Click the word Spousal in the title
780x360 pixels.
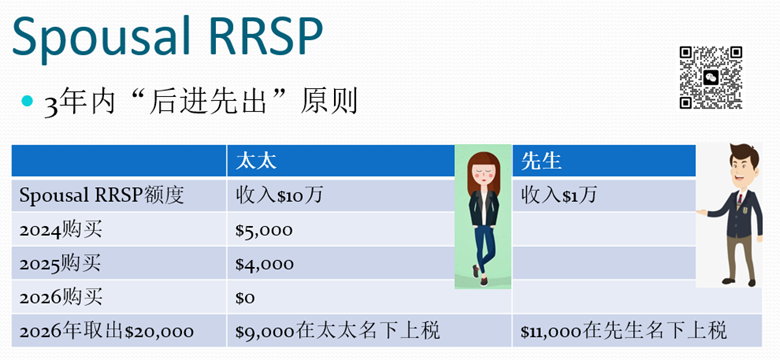(x=100, y=36)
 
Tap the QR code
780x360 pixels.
(x=711, y=77)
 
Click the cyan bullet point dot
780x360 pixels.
(x=27, y=102)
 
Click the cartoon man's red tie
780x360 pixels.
(x=740, y=198)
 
